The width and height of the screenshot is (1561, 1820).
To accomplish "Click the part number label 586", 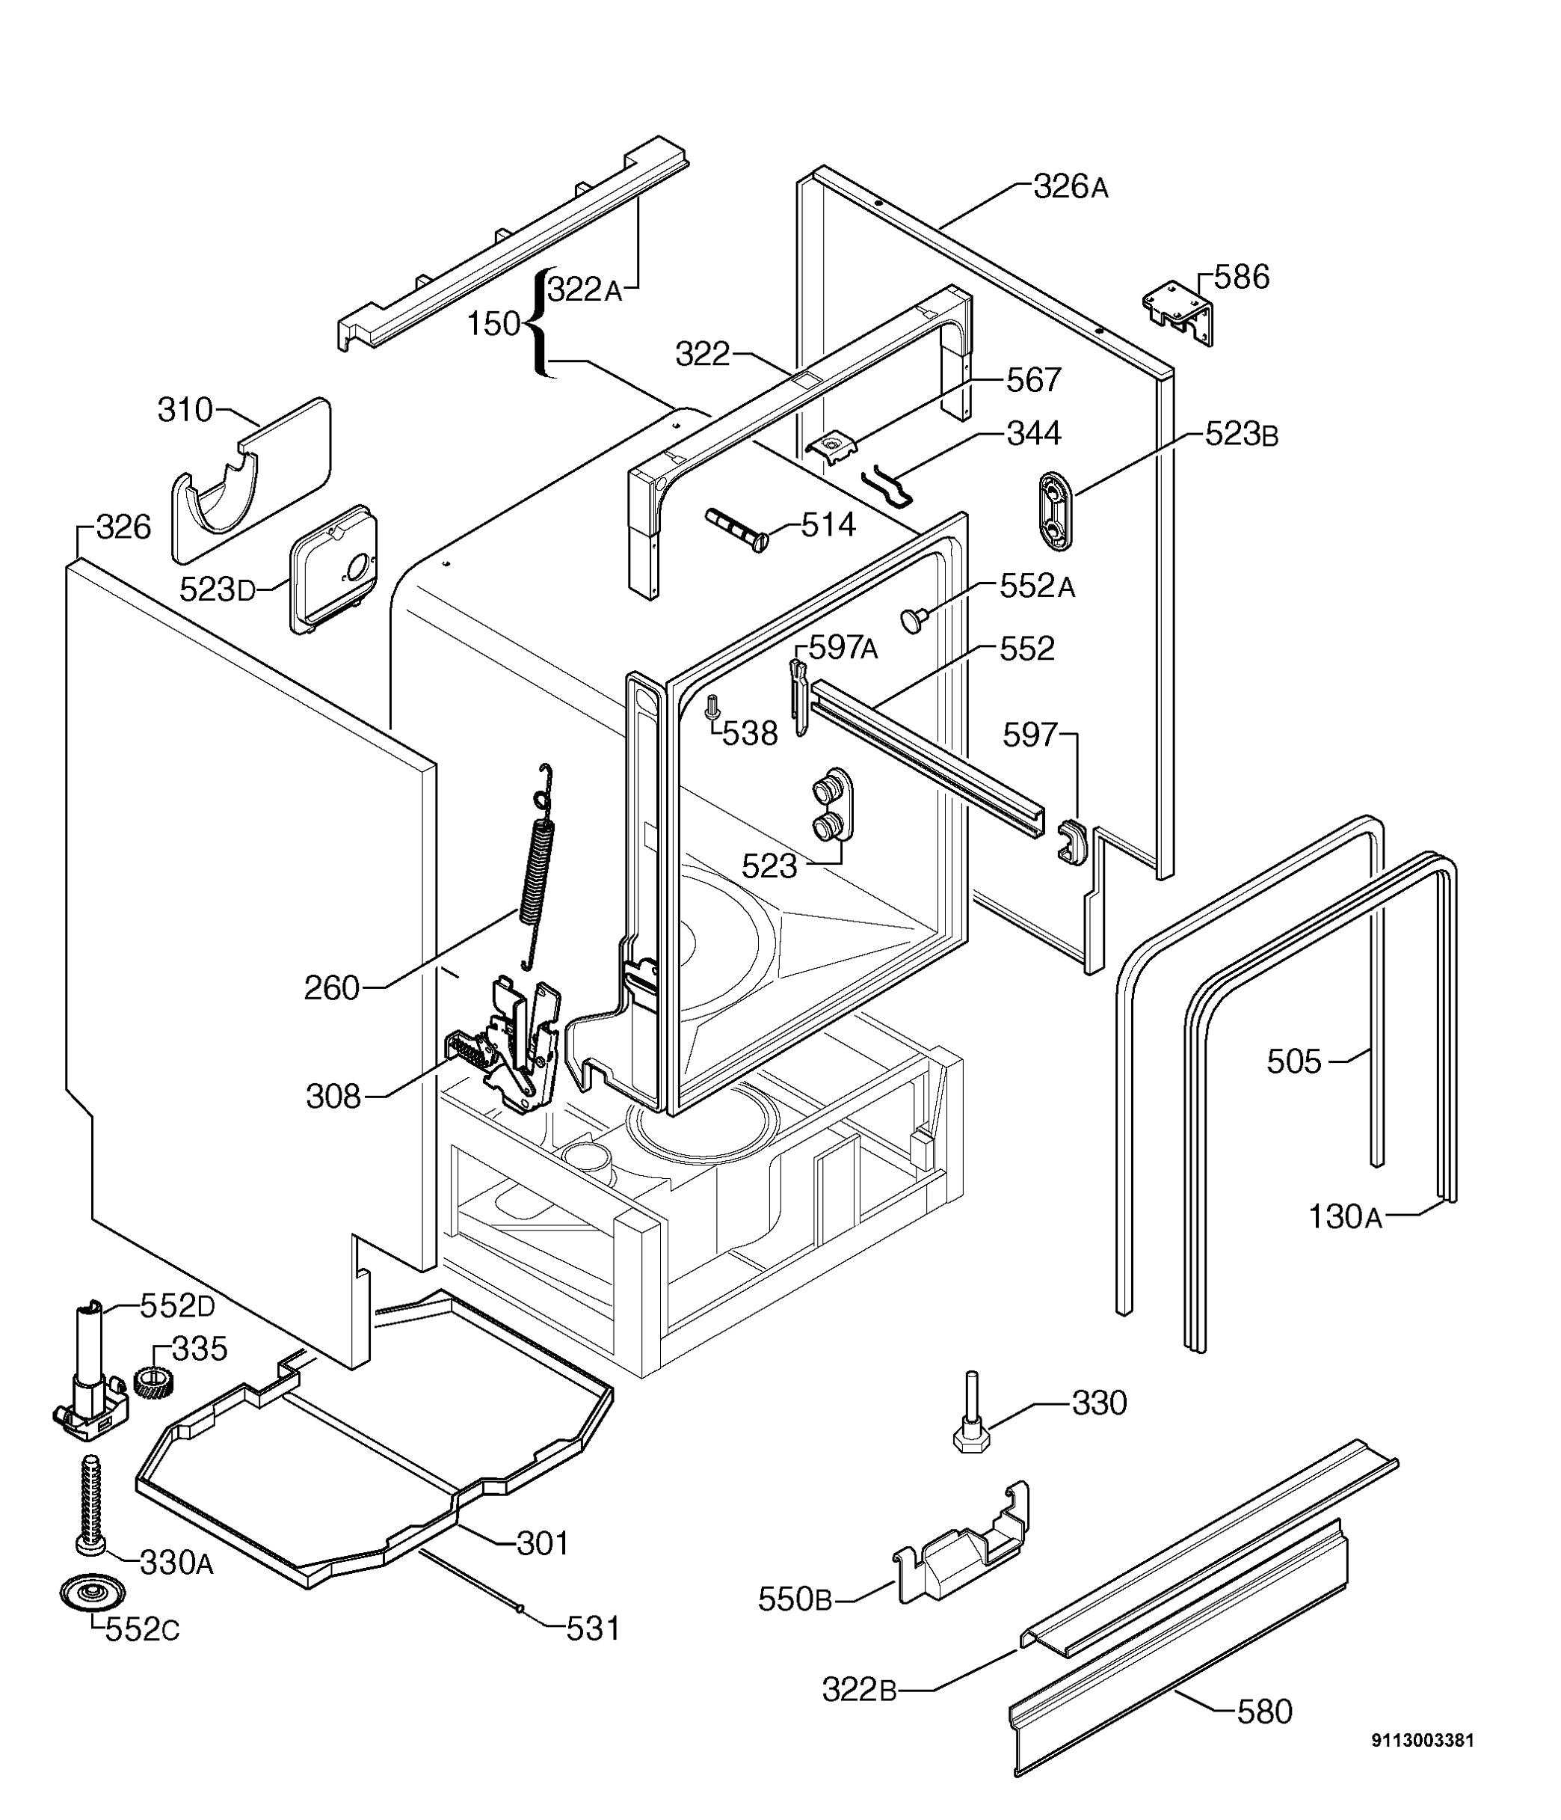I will (x=1242, y=277).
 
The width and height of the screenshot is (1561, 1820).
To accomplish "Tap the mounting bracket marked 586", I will (x=1178, y=313).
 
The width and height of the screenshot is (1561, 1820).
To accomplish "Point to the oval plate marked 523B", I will (x=1056, y=511).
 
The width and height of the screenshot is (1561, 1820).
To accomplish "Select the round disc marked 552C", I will (x=92, y=1592).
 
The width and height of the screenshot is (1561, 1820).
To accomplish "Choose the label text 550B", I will (x=795, y=1599).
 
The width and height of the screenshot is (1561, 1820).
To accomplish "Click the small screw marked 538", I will (x=713, y=705).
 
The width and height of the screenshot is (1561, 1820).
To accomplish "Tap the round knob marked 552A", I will (x=914, y=620).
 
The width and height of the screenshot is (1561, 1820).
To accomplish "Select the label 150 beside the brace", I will (x=493, y=324).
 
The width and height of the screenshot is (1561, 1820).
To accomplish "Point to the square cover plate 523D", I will (x=333, y=569).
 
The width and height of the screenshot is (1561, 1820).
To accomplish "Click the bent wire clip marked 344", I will (x=887, y=485).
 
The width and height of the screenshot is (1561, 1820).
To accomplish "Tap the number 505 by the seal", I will (x=1293, y=1062).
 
